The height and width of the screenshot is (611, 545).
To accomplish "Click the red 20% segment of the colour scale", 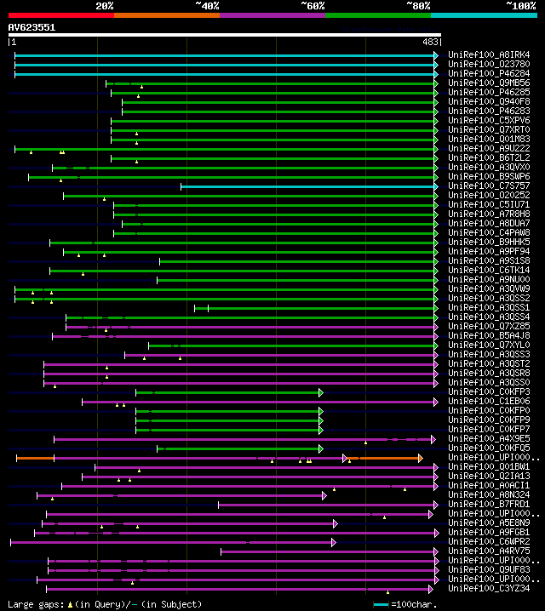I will [x=60, y=14].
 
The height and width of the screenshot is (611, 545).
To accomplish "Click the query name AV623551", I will [x=32, y=27].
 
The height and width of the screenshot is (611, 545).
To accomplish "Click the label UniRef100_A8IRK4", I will [x=489, y=55].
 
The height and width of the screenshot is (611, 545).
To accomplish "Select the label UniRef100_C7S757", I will [x=489, y=186].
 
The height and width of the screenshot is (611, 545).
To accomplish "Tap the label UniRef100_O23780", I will [x=489, y=65].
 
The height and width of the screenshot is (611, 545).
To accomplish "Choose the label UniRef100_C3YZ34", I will [x=489, y=588].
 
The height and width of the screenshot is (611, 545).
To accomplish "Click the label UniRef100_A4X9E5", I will [x=489, y=438].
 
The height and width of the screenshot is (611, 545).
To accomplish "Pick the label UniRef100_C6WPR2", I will [x=489, y=541].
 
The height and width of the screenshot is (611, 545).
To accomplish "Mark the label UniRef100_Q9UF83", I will [x=489, y=569].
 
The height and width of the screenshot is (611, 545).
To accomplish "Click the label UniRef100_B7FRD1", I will [x=489, y=504].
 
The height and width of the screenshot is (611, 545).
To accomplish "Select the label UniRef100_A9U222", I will [x=489, y=148].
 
